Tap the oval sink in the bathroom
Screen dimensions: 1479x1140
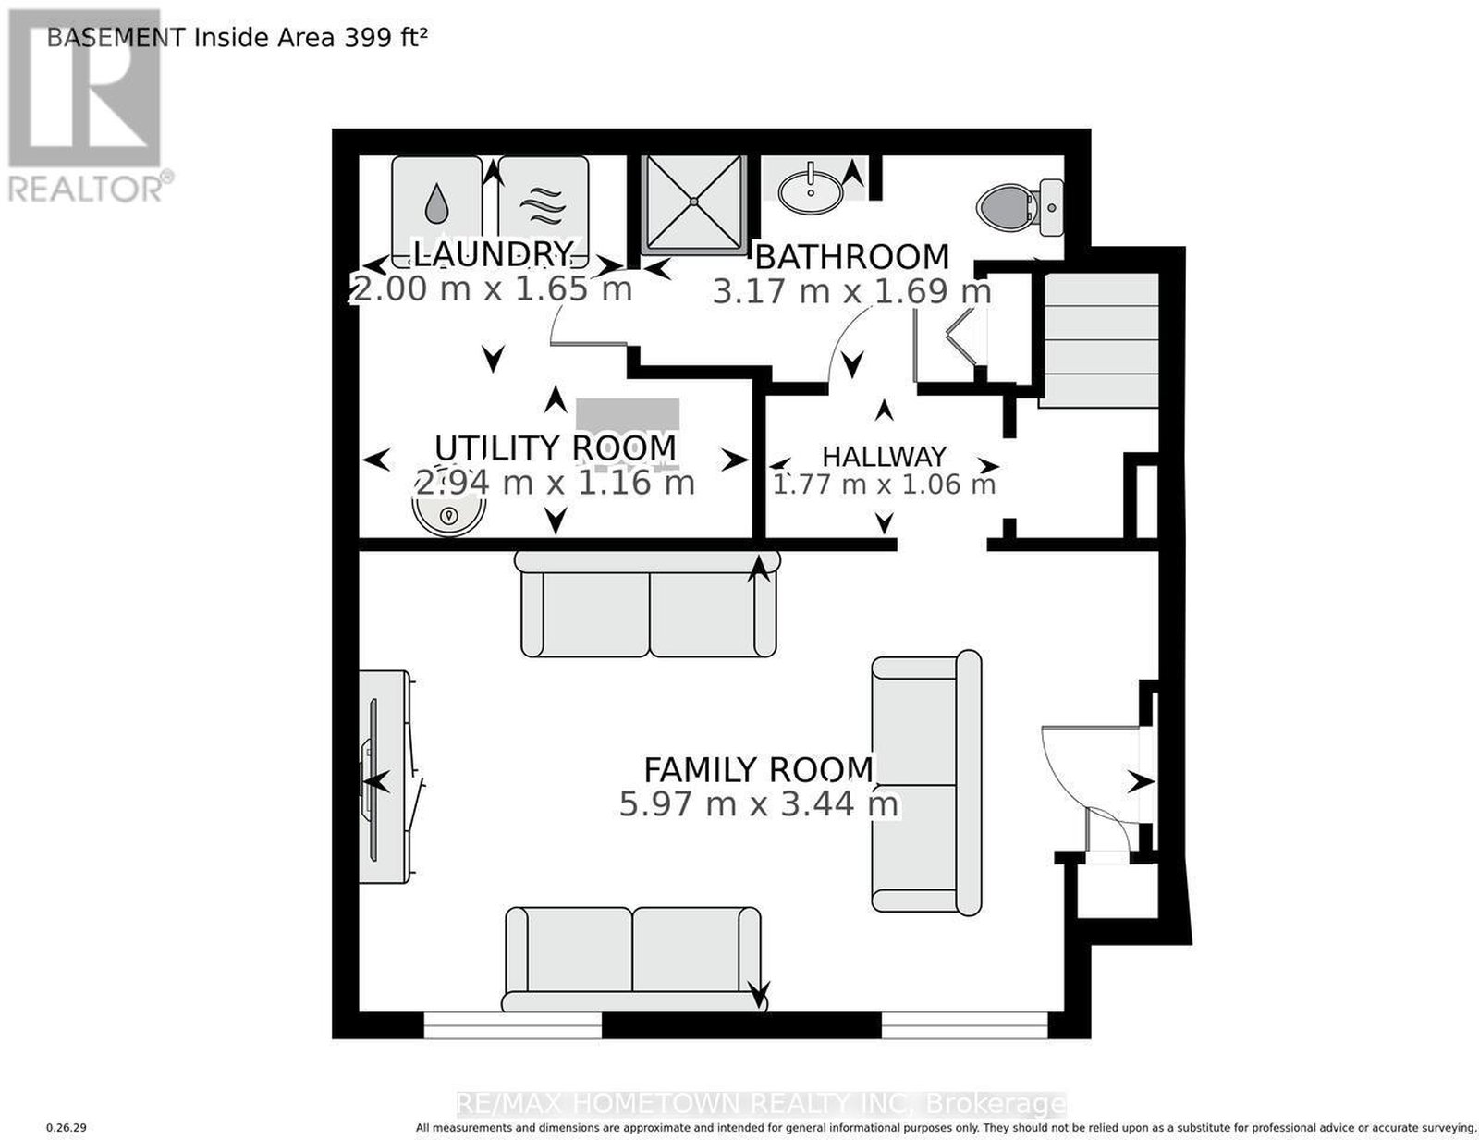pyautogui.click(x=810, y=193)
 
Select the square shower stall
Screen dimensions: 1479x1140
pyautogui.click(x=693, y=203)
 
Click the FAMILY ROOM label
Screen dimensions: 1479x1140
pyautogui.click(x=758, y=770)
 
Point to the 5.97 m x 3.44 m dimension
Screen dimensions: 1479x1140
pyautogui.click(x=758, y=804)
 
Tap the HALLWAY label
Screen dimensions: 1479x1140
pyautogui.click(x=884, y=456)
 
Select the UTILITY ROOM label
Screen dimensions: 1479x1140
pyautogui.click(x=556, y=448)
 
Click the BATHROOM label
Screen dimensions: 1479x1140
pyautogui.click(x=852, y=257)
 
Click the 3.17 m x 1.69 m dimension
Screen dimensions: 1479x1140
pyautogui.click(x=851, y=292)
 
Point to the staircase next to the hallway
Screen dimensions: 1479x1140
pyautogui.click(x=1101, y=340)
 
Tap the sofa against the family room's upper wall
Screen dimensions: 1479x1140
pyautogui.click(x=647, y=604)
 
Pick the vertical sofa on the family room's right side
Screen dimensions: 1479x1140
pyautogui.click(x=926, y=782)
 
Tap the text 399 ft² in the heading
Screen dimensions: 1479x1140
pyautogui.click(x=385, y=36)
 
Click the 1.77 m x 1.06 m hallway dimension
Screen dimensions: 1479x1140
pyautogui.click(x=884, y=484)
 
